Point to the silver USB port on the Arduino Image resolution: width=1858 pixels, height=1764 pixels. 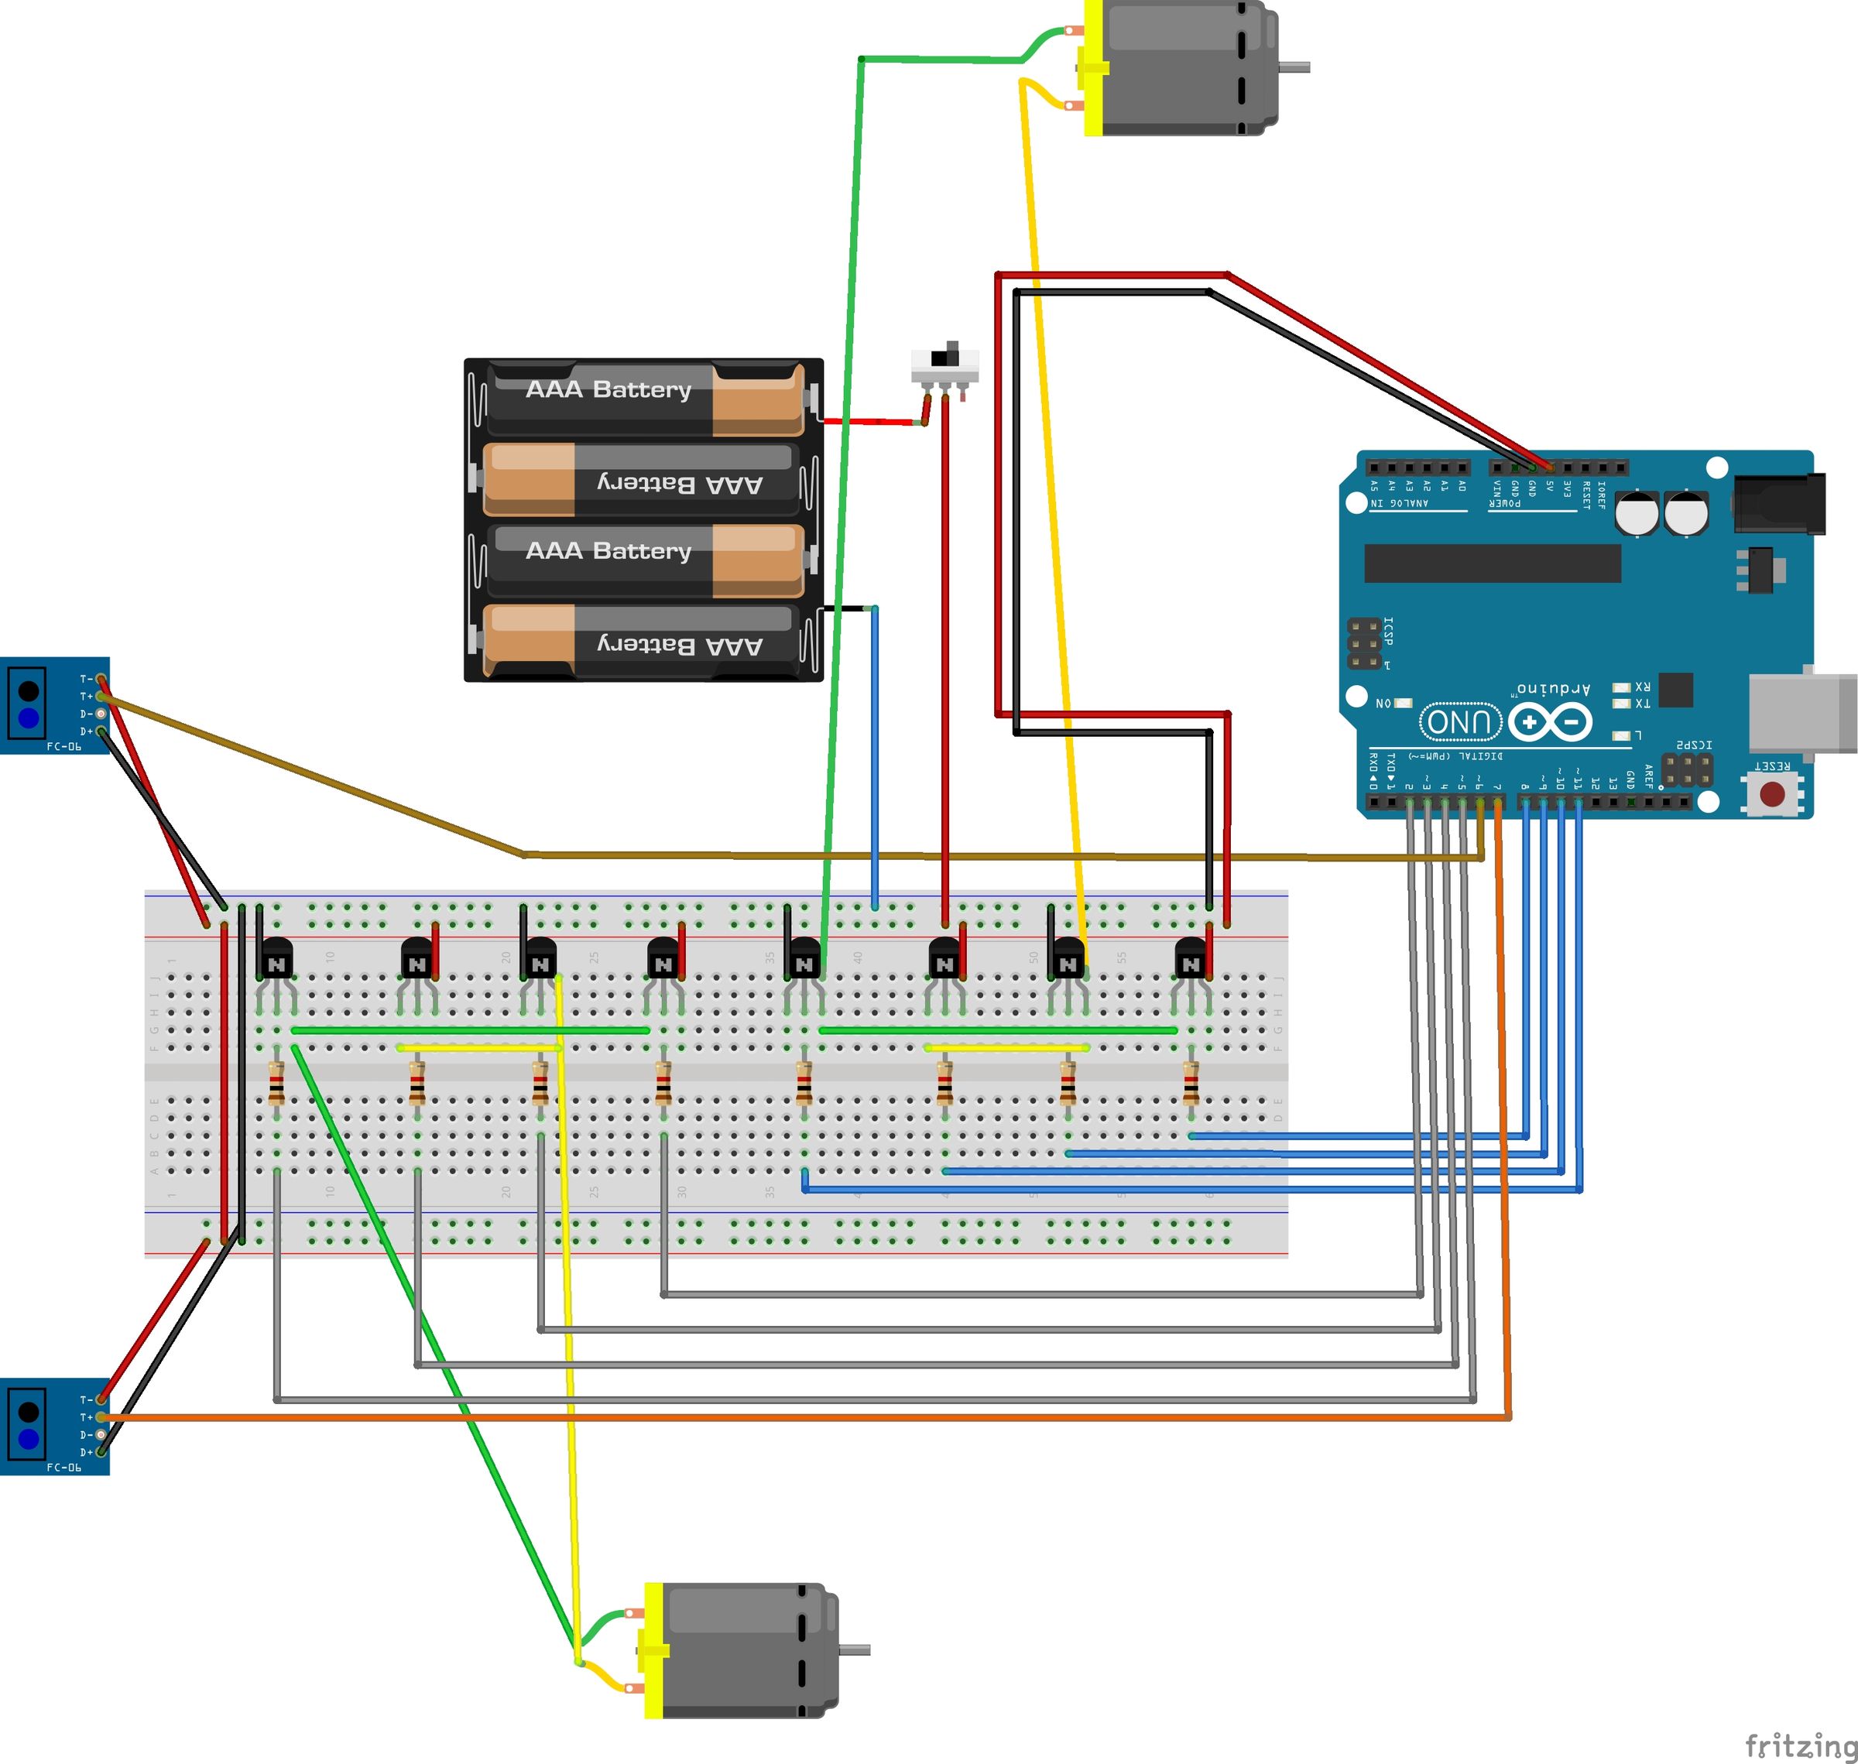click(1801, 712)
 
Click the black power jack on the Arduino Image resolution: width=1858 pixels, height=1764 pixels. click(1778, 505)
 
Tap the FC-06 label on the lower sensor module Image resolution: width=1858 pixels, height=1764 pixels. click(64, 1467)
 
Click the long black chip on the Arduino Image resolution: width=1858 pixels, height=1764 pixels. click(1493, 563)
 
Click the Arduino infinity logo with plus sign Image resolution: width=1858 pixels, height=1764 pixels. click(1550, 722)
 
